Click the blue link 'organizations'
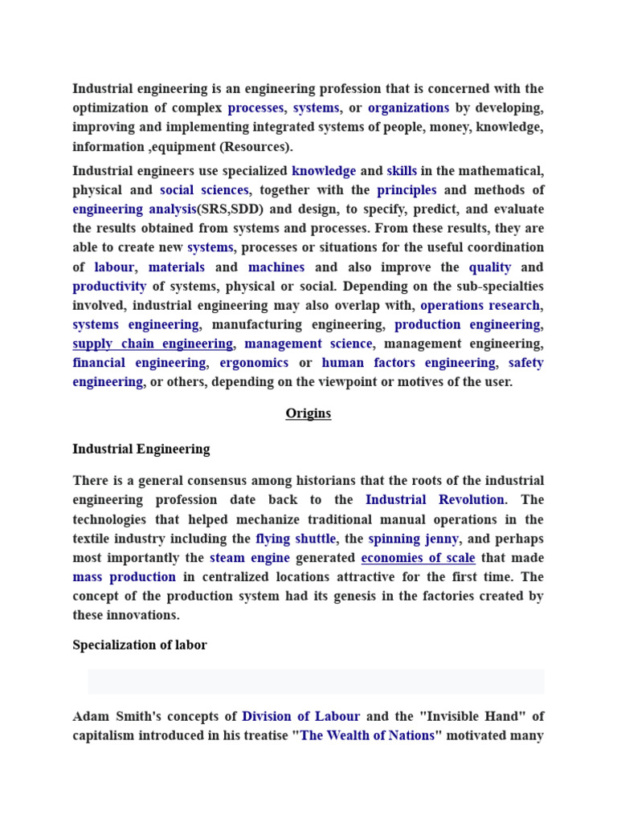click(408, 108)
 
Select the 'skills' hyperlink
click(402, 171)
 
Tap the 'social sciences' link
click(204, 190)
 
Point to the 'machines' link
click(276, 267)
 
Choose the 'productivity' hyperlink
click(109, 287)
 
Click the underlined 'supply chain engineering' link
click(153, 344)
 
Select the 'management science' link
click(308, 344)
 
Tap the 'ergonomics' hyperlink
click(254, 363)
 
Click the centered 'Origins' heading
click(308, 414)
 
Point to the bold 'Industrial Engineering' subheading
click(141, 450)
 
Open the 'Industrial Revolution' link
click(435, 500)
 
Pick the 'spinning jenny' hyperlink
click(414, 539)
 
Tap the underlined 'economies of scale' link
click(418, 558)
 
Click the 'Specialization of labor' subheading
click(140, 645)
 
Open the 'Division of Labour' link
click(300, 716)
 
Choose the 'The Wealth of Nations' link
click(367, 736)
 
